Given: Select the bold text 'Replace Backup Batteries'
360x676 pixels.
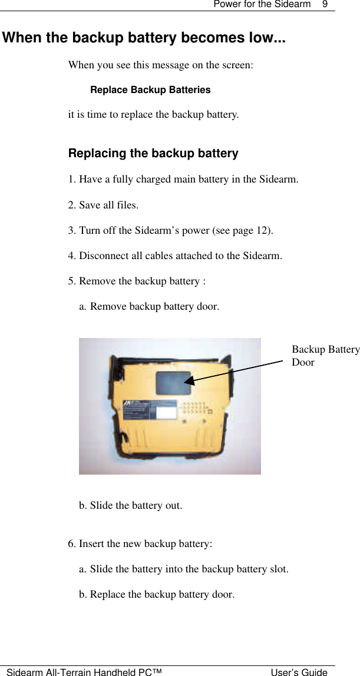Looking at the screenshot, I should [x=150, y=90].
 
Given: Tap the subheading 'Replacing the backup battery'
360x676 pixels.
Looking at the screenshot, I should [x=153, y=154].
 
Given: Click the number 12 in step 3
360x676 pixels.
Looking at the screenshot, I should [x=263, y=230].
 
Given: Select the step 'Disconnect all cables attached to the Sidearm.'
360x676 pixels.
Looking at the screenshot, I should [x=175, y=256].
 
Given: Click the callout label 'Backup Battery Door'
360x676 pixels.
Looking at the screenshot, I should [x=325, y=356].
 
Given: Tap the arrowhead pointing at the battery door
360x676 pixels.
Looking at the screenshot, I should [x=189, y=381].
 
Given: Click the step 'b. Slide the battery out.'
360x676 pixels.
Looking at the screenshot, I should [x=131, y=505].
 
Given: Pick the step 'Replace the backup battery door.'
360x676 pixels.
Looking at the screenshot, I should [x=157, y=594].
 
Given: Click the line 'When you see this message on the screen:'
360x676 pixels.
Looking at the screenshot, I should [x=161, y=65].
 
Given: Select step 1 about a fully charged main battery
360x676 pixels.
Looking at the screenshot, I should [x=183, y=179].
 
